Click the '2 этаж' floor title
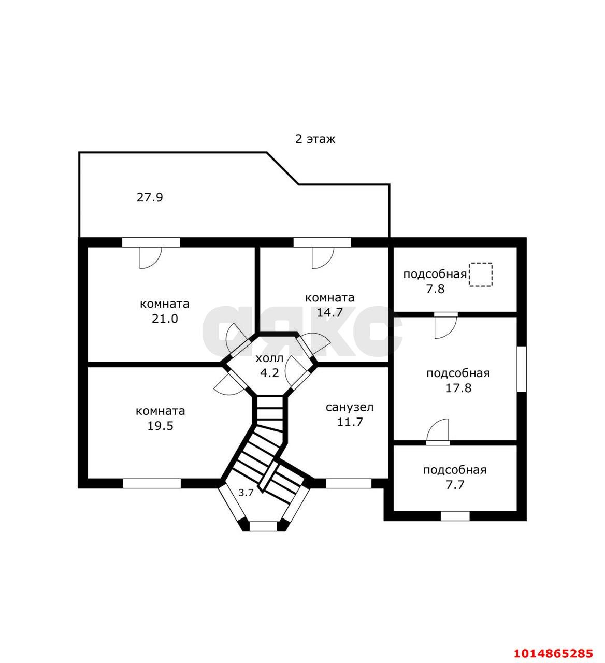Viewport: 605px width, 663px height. [315, 139]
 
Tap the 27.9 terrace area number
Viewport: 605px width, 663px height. [150, 198]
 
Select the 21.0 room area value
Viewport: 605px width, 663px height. [165, 319]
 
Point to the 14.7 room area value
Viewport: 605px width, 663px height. [329, 312]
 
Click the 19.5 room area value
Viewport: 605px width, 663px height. [161, 426]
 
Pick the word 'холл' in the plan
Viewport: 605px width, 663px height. [269, 358]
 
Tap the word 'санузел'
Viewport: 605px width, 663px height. [350, 407]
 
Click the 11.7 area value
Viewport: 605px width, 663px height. [350, 422]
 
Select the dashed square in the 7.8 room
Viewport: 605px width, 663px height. [480, 275]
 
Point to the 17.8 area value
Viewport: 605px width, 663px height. [458, 387]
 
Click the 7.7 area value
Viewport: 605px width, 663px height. [455, 485]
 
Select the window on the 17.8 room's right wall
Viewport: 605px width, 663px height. [522, 369]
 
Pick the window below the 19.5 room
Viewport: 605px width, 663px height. [152, 483]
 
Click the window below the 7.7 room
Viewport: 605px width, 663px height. [455, 516]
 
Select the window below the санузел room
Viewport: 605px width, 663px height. [349, 483]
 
